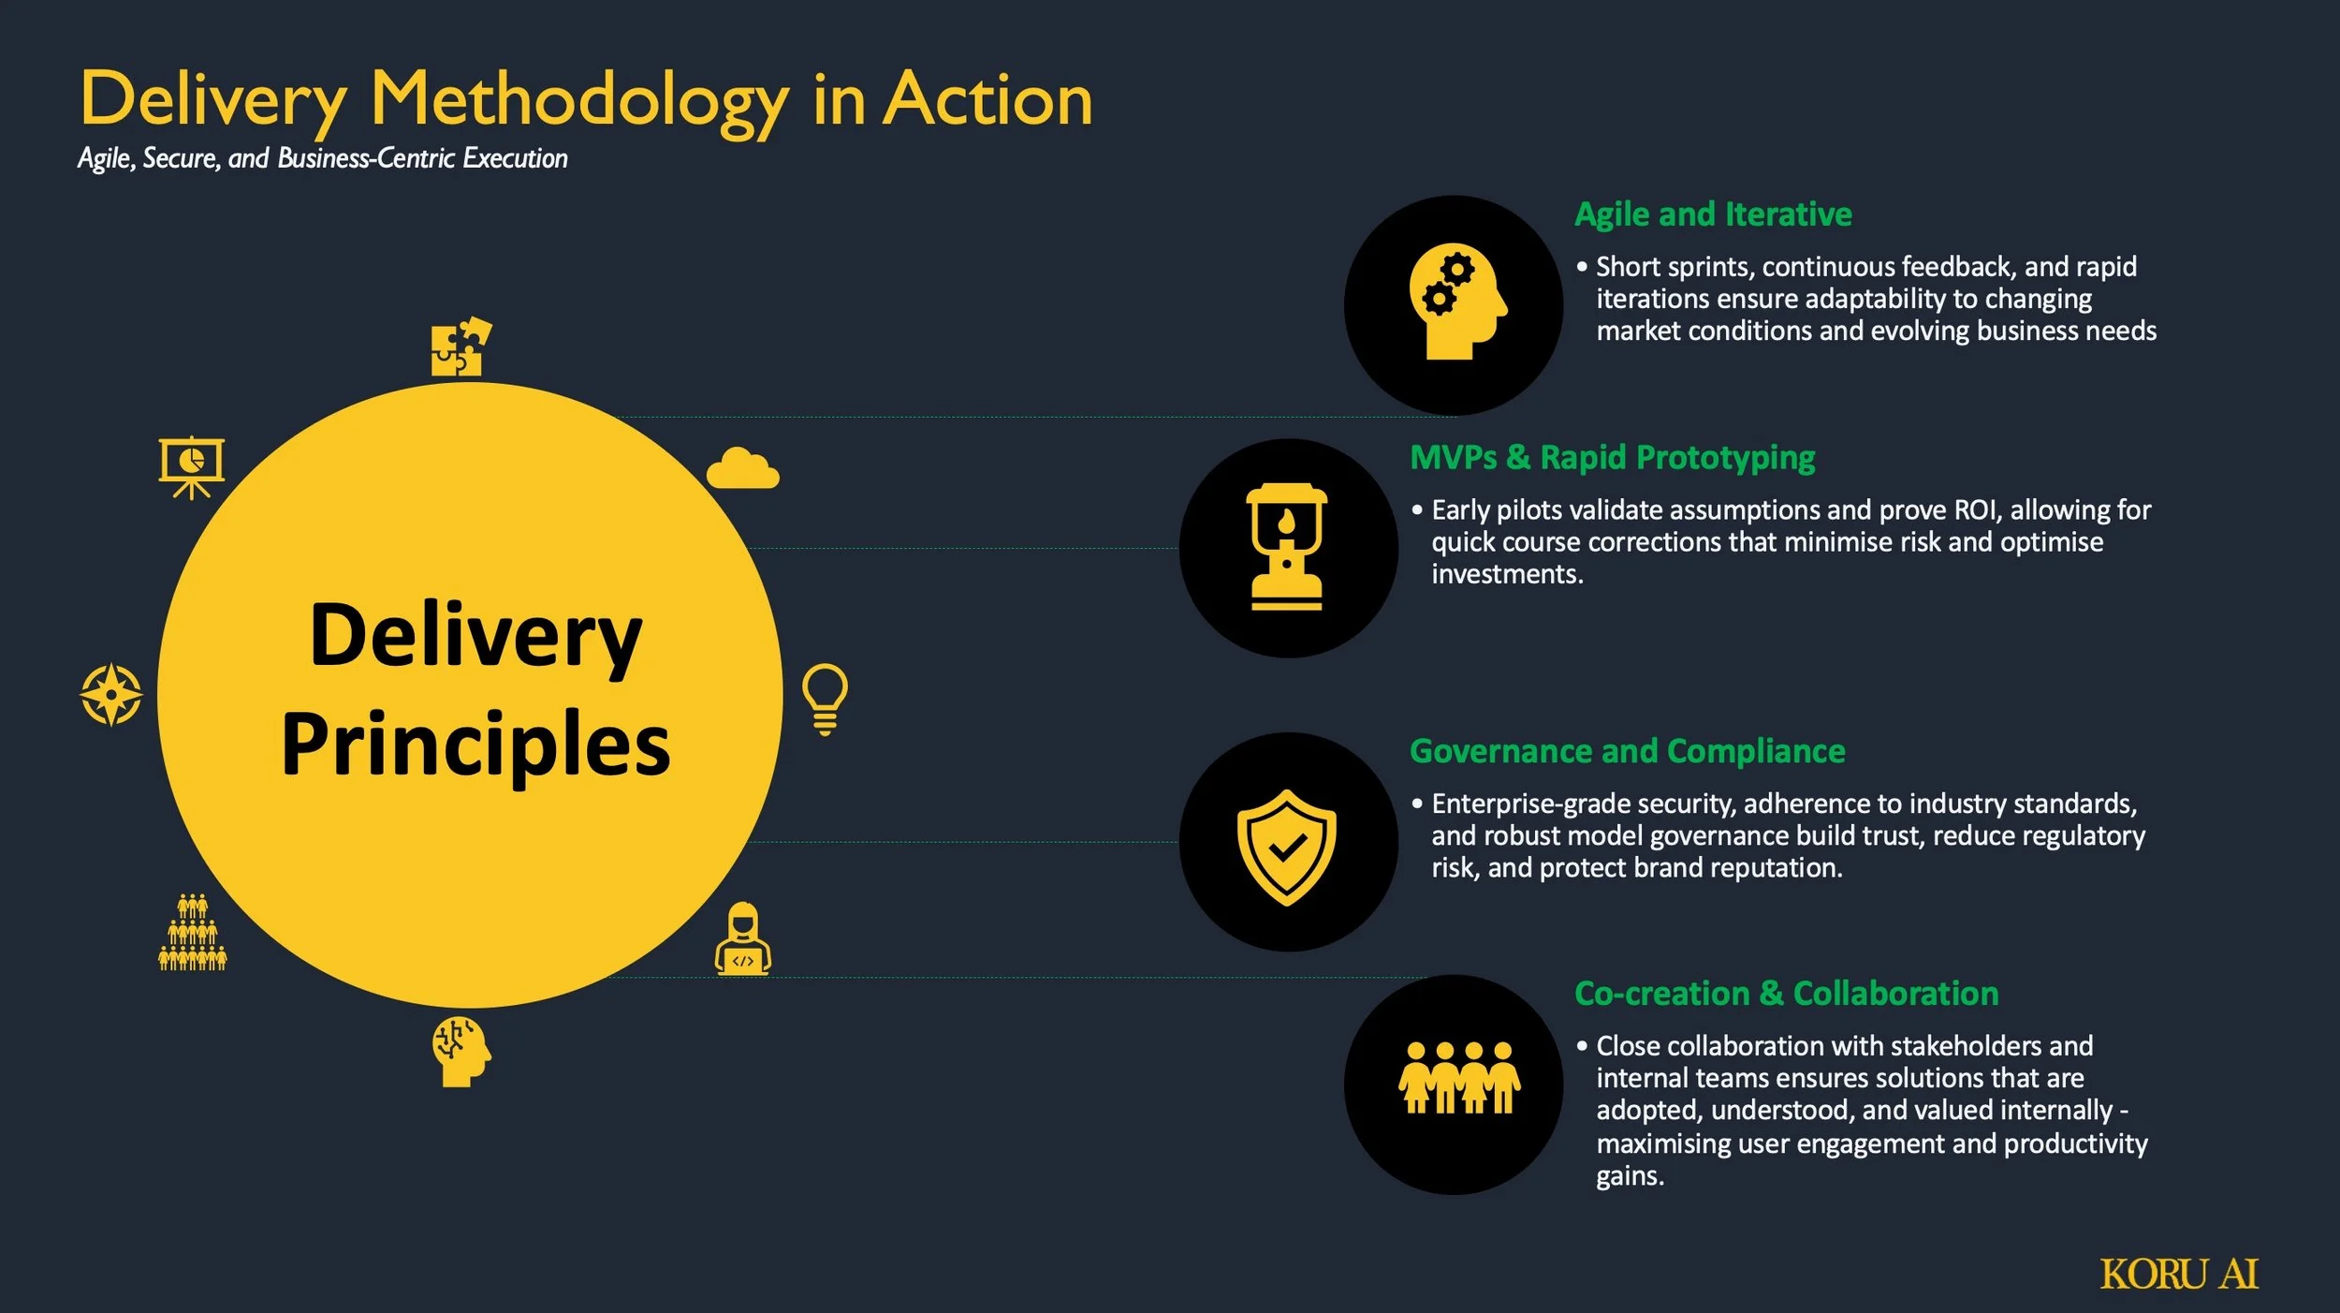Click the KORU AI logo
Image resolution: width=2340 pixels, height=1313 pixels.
(x=2178, y=1274)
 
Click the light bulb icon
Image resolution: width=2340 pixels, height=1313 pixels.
(x=825, y=699)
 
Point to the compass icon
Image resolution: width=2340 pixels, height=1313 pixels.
(x=111, y=695)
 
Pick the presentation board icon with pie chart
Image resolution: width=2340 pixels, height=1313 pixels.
(x=192, y=466)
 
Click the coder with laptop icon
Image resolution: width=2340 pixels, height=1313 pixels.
(x=743, y=939)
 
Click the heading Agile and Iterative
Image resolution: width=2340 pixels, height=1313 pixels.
(x=1713, y=214)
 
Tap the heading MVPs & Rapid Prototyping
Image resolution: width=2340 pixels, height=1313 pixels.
(x=1612, y=458)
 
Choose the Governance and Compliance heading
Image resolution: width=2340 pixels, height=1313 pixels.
(x=1627, y=751)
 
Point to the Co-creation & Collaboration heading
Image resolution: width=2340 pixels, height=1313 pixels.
(x=1786, y=993)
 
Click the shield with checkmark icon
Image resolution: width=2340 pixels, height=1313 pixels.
(x=1287, y=847)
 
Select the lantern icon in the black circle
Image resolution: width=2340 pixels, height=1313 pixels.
(x=1287, y=548)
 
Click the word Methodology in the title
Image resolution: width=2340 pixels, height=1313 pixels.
(x=579, y=101)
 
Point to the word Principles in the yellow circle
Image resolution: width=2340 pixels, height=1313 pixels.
(x=475, y=745)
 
